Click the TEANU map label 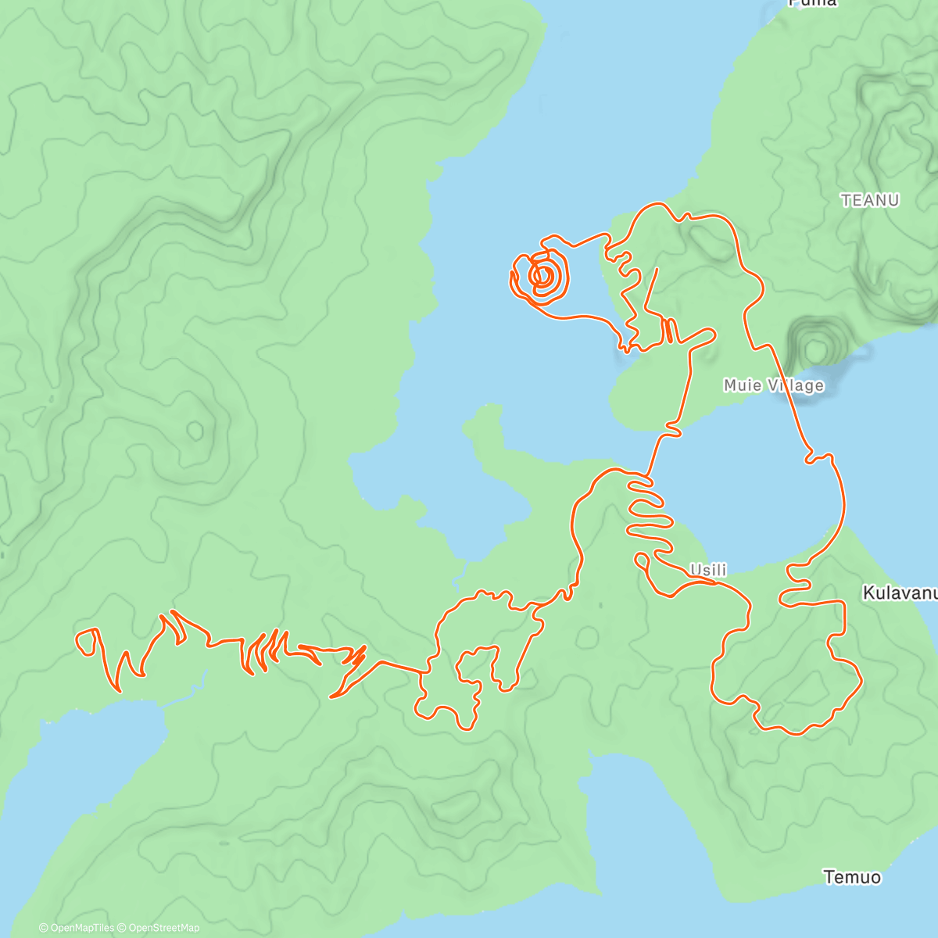870,200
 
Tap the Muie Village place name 773,385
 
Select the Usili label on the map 708,570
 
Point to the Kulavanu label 899,593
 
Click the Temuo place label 852,877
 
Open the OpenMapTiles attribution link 76,928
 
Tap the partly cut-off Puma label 813,3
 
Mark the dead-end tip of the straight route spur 657,270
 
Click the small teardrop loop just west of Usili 642,559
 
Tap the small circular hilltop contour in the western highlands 195,430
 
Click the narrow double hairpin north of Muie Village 669,331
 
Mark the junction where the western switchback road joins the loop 426,671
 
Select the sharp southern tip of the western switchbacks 332,696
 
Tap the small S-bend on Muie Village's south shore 673,428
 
